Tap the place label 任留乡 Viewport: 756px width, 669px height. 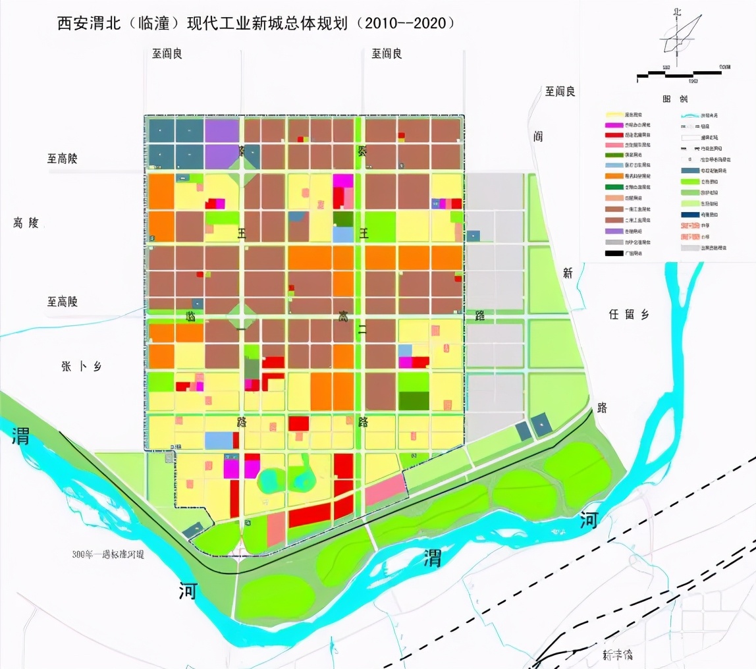coord(629,315)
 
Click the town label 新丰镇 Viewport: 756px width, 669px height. coord(617,655)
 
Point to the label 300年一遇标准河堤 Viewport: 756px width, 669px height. coord(109,554)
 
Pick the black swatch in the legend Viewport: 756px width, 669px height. coord(615,253)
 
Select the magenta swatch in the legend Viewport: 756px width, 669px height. coord(615,125)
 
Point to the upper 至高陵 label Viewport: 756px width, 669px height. coord(63,159)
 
